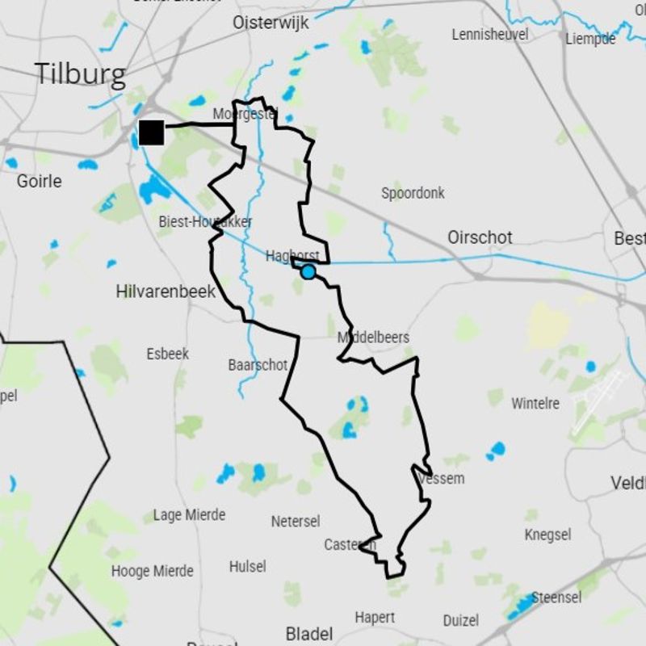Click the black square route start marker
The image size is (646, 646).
151,132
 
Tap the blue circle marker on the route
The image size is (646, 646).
308,272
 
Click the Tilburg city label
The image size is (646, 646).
80,74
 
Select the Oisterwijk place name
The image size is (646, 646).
271,23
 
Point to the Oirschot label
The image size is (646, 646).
480,237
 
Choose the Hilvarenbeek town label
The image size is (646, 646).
166,292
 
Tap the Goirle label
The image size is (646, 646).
39,181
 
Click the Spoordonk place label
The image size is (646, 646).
413,193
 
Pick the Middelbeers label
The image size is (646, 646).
373,338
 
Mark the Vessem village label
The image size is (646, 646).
442,479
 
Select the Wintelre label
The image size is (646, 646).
535,402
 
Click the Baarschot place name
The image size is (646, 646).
258,365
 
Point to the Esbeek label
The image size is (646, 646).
167,354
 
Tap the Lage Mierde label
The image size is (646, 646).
189,515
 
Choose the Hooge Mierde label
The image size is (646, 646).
152,572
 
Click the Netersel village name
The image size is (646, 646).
296,522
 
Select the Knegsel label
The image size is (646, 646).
547,535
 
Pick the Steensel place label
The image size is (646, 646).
556,598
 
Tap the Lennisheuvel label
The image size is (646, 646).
490,35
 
